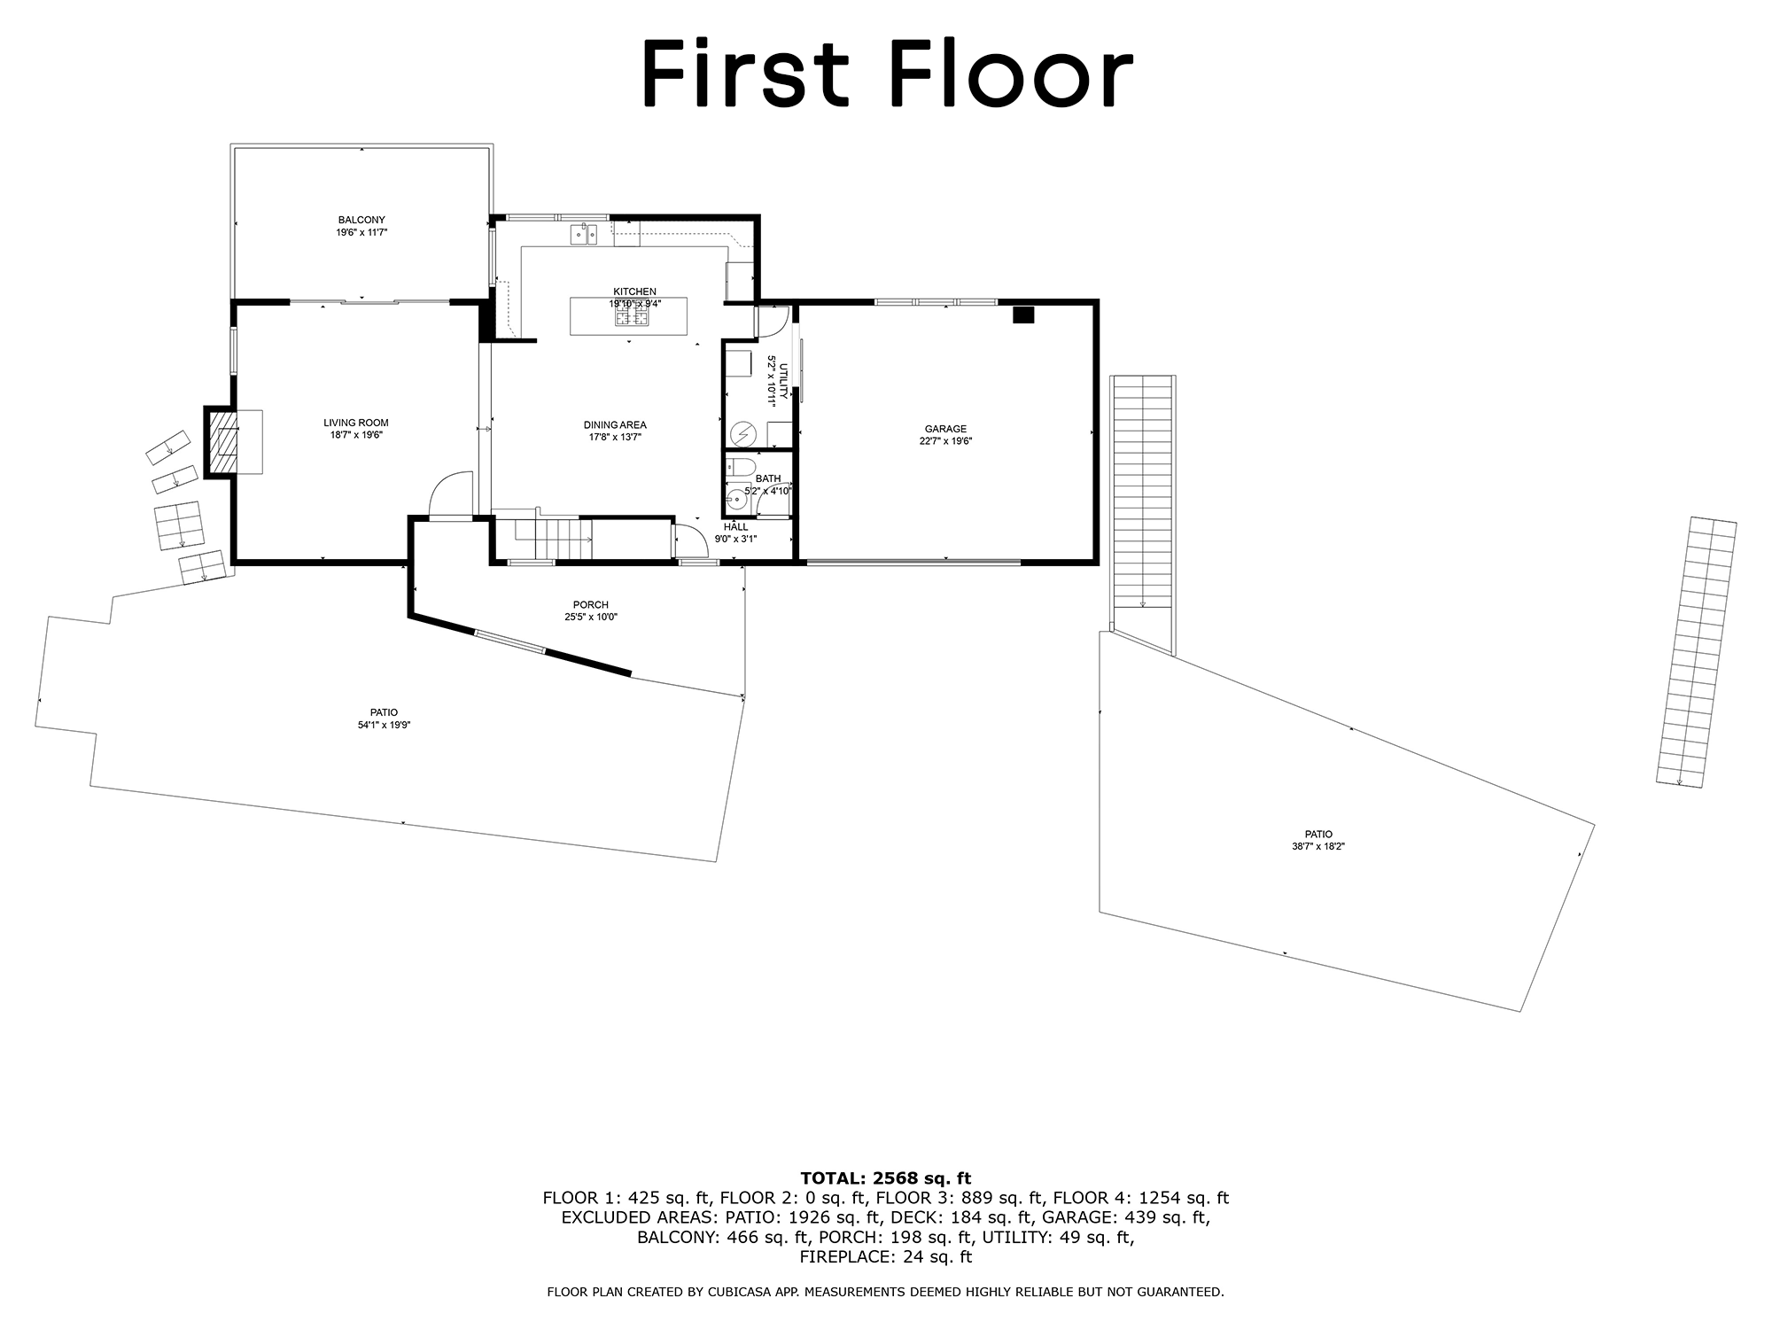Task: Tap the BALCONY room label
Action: pos(361,220)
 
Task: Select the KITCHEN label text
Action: pos(635,291)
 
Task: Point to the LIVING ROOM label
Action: pos(355,423)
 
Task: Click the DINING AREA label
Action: pos(615,424)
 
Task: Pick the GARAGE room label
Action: pos(945,429)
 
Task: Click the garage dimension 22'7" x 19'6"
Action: pos(945,441)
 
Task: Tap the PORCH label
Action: pos(591,605)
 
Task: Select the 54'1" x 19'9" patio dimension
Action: pos(384,725)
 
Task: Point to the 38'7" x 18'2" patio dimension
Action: pos(1318,846)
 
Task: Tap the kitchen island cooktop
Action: pos(638,313)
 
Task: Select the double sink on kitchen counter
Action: pos(583,234)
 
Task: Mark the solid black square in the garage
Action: pos(1023,315)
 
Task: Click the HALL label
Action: pos(735,527)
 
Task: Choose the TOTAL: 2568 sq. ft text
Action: pos(885,1178)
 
